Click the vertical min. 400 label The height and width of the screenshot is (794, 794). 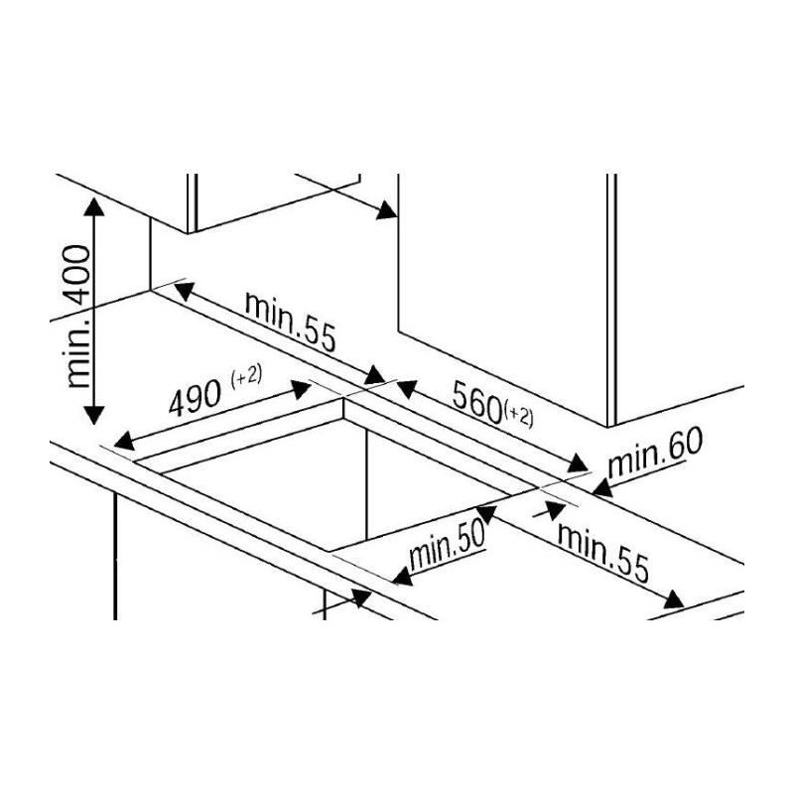coord(79,318)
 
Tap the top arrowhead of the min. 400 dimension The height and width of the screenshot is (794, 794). coord(93,206)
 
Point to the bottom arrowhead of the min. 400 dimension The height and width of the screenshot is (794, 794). coord(93,415)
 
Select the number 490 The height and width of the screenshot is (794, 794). coord(195,398)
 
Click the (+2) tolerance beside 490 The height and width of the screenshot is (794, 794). coord(246,376)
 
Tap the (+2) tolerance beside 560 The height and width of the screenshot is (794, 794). coord(518,416)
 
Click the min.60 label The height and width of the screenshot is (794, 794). coord(655,454)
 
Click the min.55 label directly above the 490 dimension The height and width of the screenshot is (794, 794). coord(290,322)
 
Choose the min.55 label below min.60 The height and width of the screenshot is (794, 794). coord(603,552)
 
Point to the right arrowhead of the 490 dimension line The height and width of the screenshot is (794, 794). coord(300,389)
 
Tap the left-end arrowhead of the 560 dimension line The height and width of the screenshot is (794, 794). coord(406,389)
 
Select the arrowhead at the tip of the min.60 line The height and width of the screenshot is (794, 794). coord(602,487)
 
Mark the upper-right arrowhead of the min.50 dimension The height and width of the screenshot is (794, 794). coord(486,513)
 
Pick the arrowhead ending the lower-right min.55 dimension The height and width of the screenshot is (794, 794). coord(674,600)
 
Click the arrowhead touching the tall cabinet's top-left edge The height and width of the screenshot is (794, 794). coord(386,210)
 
